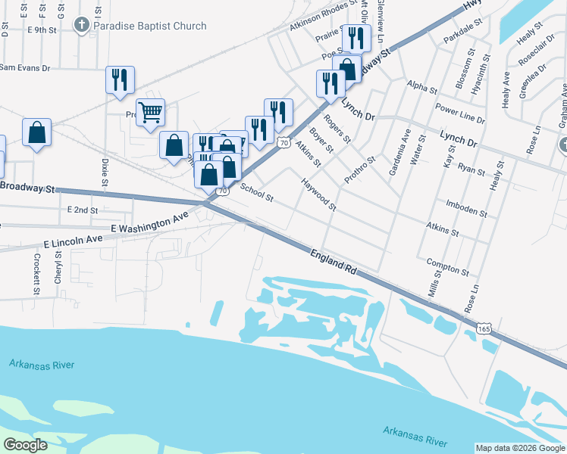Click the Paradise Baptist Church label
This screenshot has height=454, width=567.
[149, 26]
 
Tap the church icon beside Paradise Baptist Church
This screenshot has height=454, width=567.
[81, 26]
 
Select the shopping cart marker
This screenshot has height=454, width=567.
[150, 113]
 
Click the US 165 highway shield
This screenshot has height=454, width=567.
[484, 328]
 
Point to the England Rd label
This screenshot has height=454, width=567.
[333, 259]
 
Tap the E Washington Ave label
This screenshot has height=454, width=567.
[149, 222]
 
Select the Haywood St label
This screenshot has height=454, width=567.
[318, 194]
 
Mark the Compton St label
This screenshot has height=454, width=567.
[447, 267]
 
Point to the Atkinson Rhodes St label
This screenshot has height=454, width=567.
[322, 16]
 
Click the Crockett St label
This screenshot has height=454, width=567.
[36, 273]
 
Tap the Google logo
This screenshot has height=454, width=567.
[26, 444]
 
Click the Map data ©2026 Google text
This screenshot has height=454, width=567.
[520, 448]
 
